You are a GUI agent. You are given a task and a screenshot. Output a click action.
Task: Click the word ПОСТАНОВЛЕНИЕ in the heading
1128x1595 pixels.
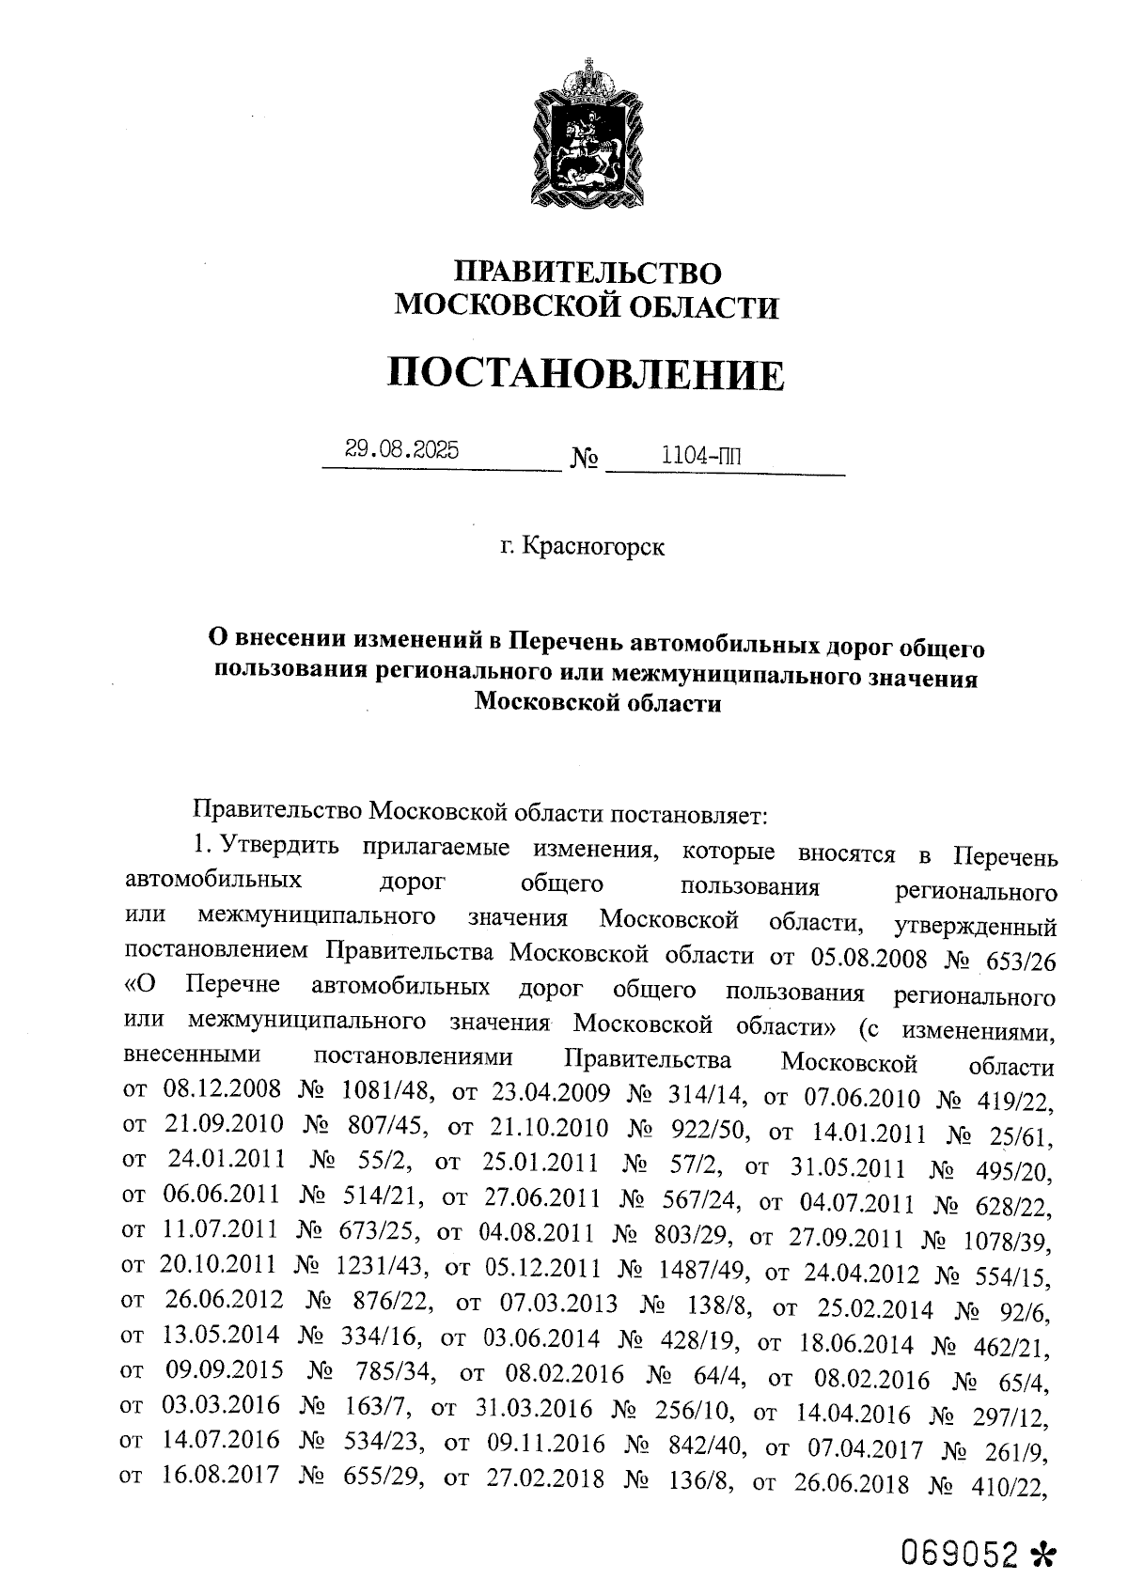coord(585,375)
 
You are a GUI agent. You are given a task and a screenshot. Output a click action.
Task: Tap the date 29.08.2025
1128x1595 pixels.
coord(401,450)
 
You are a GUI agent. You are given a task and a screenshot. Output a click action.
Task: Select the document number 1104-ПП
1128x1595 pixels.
coord(700,456)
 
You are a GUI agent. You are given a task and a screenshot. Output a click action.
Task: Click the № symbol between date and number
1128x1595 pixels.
coord(584,461)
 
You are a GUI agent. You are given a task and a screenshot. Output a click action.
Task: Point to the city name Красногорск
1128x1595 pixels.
coord(592,546)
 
